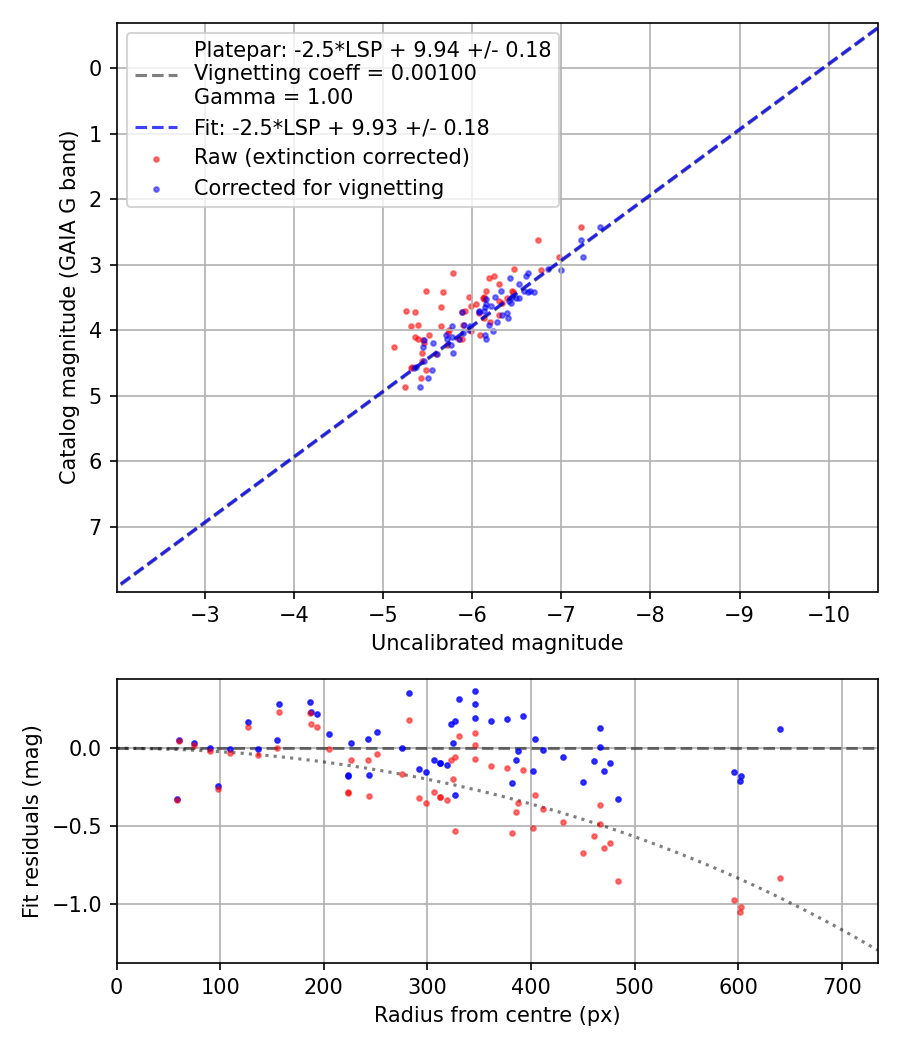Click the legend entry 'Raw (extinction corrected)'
[x=331, y=157]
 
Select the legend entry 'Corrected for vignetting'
[x=318, y=187]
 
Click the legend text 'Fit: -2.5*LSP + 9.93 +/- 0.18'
[x=341, y=127]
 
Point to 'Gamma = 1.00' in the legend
[x=273, y=97]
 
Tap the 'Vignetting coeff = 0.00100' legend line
[x=335, y=73]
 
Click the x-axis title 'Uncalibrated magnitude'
[x=497, y=643]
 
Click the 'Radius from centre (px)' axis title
[x=497, y=1015]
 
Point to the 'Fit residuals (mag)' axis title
[x=31, y=820]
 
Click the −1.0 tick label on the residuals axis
[x=82, y=904]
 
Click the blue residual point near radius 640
[x=780, y=729]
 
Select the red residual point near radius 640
[x=780, y=878]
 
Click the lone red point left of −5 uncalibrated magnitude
[x=394, y=347]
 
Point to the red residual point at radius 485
[x=618, y=881]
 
